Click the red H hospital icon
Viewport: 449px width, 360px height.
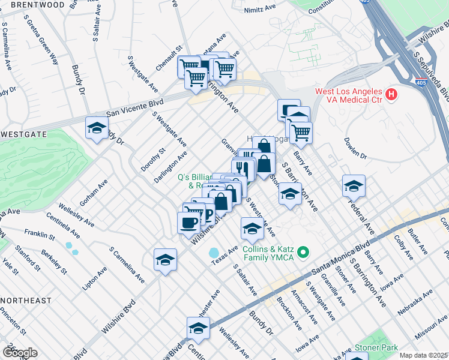tap(391, 94)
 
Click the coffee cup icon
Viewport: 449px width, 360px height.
tap(189, 223)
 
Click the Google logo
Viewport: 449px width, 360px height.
tap(19, 353)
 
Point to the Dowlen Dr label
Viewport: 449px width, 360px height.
tap(355, 148)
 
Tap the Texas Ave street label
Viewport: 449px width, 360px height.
tap(226, 252)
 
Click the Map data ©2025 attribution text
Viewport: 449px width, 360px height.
tap(423, 355)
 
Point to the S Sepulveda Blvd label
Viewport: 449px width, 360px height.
tap(432, 74)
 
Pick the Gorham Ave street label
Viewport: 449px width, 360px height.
tap(93, 191)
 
